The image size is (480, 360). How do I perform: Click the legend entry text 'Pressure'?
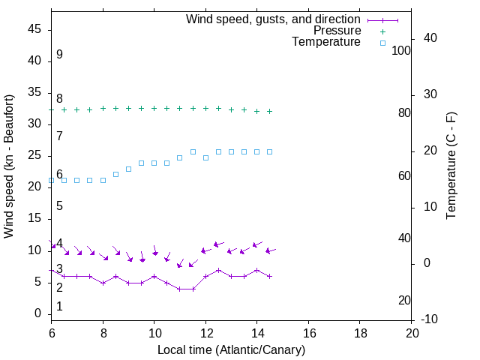pos(337,31)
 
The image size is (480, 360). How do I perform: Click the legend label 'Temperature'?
pos(326,43)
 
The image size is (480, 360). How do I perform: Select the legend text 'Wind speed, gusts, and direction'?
pos(274,19)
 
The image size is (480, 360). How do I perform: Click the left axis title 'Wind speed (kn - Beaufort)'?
pos(9,166)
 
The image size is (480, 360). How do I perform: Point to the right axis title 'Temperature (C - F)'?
pos(451,166)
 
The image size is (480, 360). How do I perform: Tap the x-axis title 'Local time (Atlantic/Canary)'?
pos(232,349)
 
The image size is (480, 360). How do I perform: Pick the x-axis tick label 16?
pos(308,332)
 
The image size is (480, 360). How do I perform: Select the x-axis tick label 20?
pos(412,332)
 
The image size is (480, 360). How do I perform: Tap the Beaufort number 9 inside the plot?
pos(59,55)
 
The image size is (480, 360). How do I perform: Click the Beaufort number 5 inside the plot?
pos(59,206)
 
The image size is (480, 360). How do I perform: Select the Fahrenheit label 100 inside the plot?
pos(402,50)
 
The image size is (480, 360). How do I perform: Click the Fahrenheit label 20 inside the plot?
pos(404,300)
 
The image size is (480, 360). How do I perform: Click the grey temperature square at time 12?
pos(205,157)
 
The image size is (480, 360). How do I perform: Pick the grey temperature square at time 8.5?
pos(115,174)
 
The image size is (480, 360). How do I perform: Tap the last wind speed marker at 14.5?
pos(270,276)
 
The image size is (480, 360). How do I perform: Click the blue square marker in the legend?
pos(382,43)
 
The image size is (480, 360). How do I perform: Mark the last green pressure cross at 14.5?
pos(270,111)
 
